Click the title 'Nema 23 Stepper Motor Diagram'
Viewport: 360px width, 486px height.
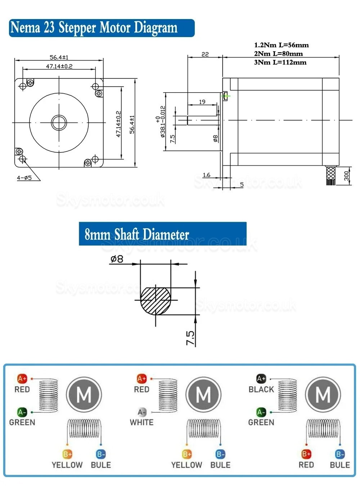click(94, 28)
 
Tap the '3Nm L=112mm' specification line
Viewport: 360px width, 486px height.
click(280, 62)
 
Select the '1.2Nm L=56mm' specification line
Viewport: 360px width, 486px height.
click(281, 45)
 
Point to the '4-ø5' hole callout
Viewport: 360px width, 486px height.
click(24, 177)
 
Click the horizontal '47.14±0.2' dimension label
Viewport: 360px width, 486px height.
click(59, 66)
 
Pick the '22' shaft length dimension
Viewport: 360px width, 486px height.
click(205, 54)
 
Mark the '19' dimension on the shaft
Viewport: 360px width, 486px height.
click(202, 102)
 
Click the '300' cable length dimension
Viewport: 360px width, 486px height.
click(346, 175)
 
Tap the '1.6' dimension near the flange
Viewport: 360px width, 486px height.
click(206, 175)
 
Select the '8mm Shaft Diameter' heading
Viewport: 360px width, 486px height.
click(137, 234)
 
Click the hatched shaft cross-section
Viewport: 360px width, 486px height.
click(155, 301)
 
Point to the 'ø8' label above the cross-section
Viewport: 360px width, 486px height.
click(117, 259)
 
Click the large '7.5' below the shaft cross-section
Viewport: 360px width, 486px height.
click(190, 338)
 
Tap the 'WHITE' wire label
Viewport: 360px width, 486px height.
click(141, 422)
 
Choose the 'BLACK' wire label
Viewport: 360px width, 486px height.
click(261, 389)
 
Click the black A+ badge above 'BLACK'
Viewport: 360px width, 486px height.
click(261, 379)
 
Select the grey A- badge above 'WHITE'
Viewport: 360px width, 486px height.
click(142, 412)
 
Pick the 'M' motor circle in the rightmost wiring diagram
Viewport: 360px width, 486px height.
click(323, 395)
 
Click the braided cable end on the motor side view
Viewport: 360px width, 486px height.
click(330, 175)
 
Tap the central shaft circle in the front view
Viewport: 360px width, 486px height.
click(59, 123)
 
